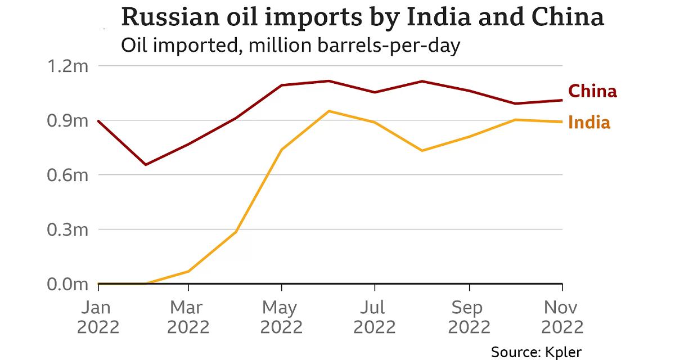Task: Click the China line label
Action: tap(592, 91)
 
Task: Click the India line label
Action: tap(589, 123)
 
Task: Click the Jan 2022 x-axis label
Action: tap(98, 317)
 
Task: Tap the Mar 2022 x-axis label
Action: tap(188, 317)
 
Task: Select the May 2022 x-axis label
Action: tap(282, 317)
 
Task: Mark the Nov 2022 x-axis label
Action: tap(562, 317)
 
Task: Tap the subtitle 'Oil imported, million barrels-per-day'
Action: tap(291, 44)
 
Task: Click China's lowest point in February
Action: tap(146, 165)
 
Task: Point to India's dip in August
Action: tap(422, 151)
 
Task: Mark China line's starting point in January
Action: tap(99, 121)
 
